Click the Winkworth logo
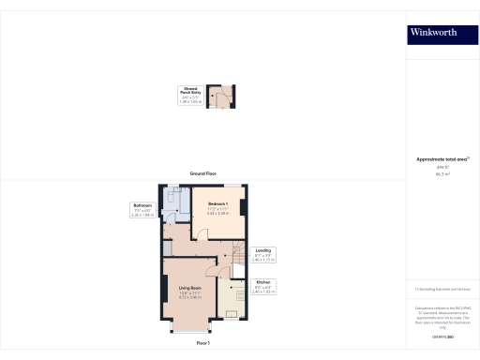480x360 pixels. (434, 32)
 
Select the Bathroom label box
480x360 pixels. (142, 209)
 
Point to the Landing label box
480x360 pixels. (263, 253)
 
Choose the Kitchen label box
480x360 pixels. (263, 288)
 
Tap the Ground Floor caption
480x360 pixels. (202, 173)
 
